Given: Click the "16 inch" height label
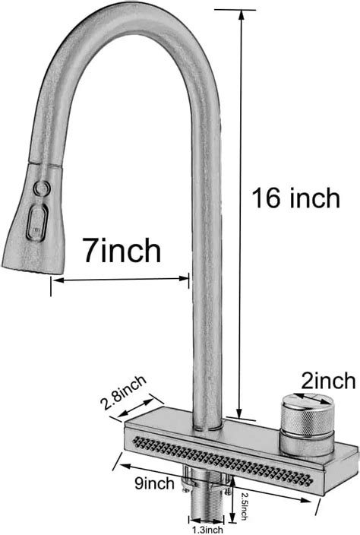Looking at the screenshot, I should (296, 198).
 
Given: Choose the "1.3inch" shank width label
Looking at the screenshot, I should (207, 530).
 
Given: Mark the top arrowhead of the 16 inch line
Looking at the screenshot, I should (242, 15).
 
